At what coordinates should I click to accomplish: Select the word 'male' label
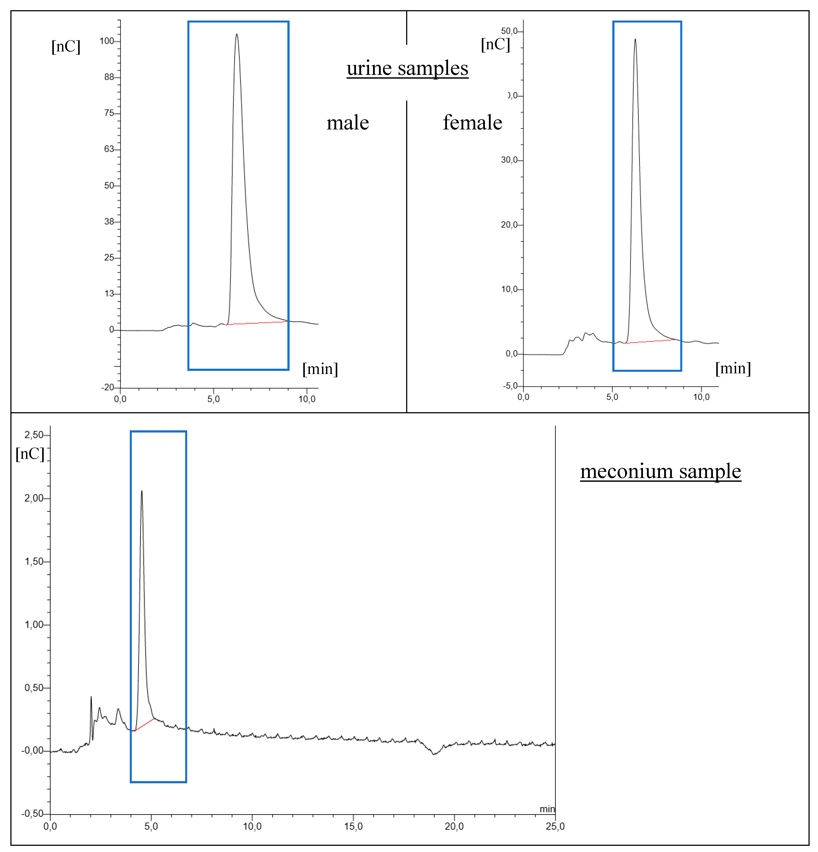coord(348,123)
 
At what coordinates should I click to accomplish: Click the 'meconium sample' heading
coord(660,471)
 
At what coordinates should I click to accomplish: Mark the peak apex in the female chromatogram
coord(635,40)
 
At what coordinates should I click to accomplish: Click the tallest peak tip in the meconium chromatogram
coord(142,491)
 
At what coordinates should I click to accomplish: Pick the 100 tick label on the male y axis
coord(107,41)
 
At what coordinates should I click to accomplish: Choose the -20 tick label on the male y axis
coord(108,387)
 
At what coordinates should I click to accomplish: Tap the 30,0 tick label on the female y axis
coord(509,160)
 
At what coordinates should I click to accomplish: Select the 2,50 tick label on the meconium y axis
coord(34,435)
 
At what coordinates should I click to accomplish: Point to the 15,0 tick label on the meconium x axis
coord(353,826)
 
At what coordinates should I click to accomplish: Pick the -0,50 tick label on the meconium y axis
coord(33,814)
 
